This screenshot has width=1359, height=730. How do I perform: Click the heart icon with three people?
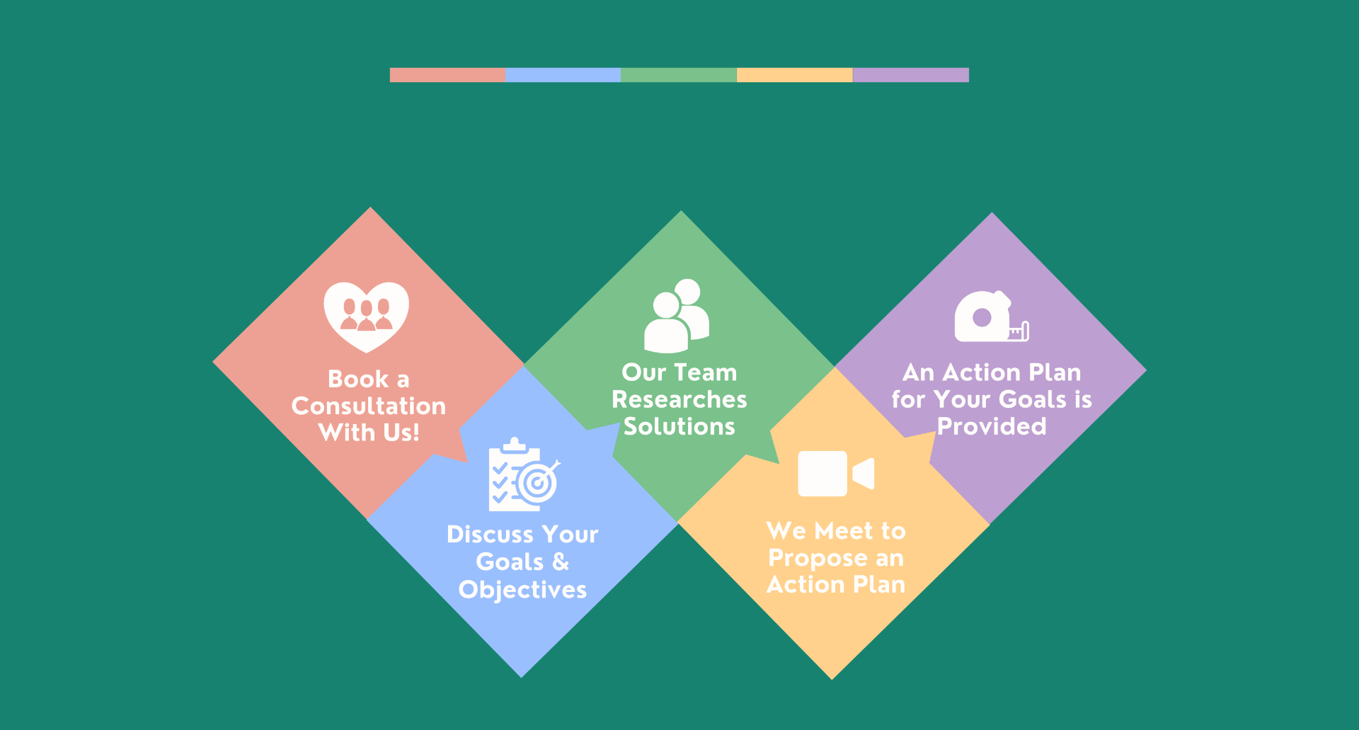click(x=367, y=317)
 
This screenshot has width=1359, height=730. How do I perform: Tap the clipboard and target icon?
click(x=524, y=474)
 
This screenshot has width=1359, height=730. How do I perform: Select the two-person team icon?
click(x=677, y=316)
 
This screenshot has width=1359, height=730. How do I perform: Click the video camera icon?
click(x=836, y=474)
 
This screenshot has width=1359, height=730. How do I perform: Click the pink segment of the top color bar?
click(x=447, y=75)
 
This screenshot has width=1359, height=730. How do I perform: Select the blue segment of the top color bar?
click(x=563, y=75)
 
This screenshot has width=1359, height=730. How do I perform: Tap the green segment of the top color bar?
click(x=679, y=75)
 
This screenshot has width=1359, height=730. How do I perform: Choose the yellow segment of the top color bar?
click(x=795, y=75)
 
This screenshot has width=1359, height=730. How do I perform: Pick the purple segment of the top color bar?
click(x=911, y=75)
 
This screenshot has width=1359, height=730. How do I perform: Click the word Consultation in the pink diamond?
click(x=369, y=406)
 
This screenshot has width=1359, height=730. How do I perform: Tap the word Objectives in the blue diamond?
click(x=523, y=590)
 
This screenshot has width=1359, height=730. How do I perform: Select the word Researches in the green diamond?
click(x=679, y=399)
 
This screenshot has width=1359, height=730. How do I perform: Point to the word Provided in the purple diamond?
click(x=992, y=426)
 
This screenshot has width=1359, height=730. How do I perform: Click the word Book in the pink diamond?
click(x=358, y=379)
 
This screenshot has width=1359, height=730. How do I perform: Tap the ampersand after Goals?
click(x=561, y=561)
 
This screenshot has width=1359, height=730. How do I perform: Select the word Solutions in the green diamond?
click(x=679, y=426)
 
